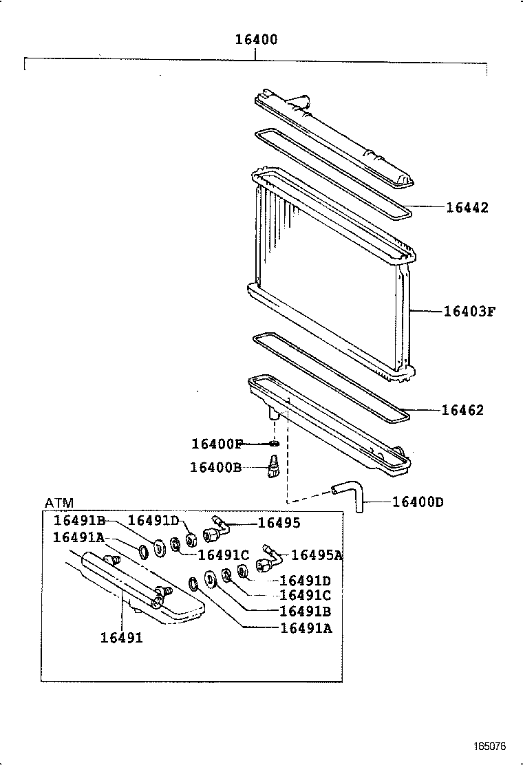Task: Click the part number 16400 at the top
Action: (256, 40)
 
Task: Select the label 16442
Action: (467, 208)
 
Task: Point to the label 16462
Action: (462, 411)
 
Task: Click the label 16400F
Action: (217, 444)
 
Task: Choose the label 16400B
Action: (215, 468)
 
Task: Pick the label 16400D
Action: (417, 502)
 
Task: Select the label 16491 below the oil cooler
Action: (122, 638)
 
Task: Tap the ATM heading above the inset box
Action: (58, 503)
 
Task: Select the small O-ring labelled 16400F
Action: (274, 444)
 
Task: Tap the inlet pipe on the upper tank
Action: (297, 103)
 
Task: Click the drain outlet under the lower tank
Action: (275, 415)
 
